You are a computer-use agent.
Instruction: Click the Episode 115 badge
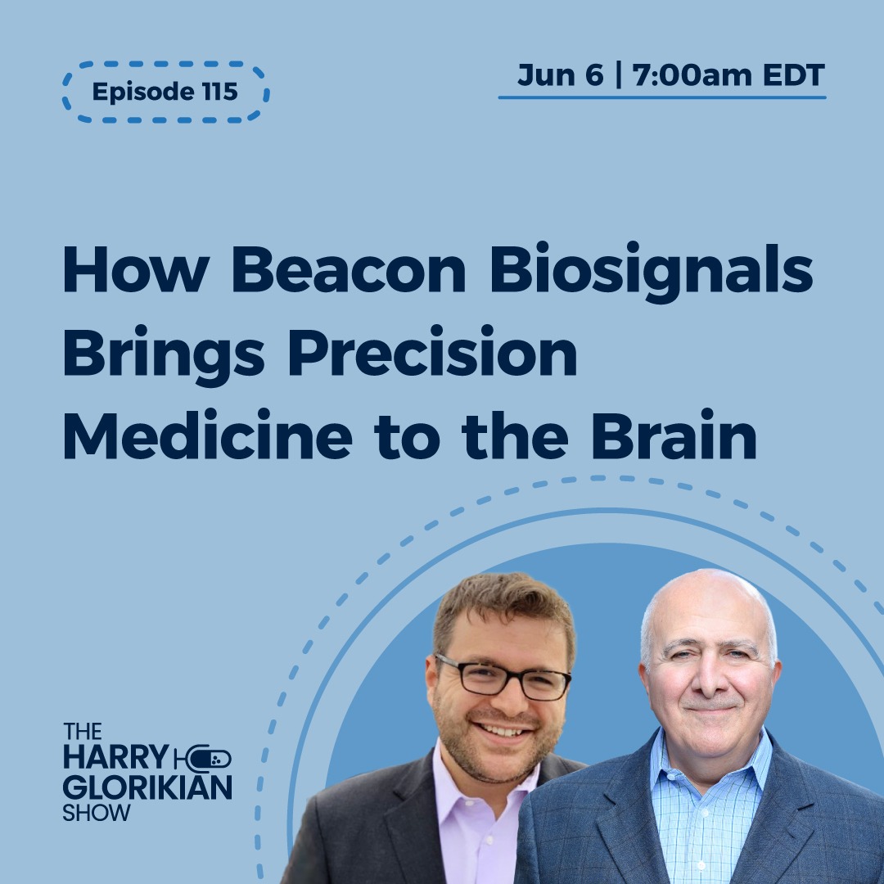pos(165,92)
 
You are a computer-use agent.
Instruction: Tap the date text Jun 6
pos(559,75)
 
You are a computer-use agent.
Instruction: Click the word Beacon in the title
pos(336,272)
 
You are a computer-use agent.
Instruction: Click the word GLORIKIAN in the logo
pos(147,787)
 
